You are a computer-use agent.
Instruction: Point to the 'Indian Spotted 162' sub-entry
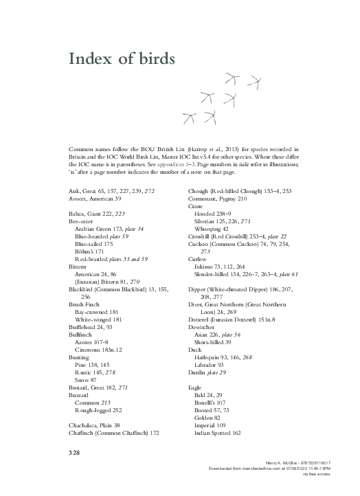click(x=217, y=433)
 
